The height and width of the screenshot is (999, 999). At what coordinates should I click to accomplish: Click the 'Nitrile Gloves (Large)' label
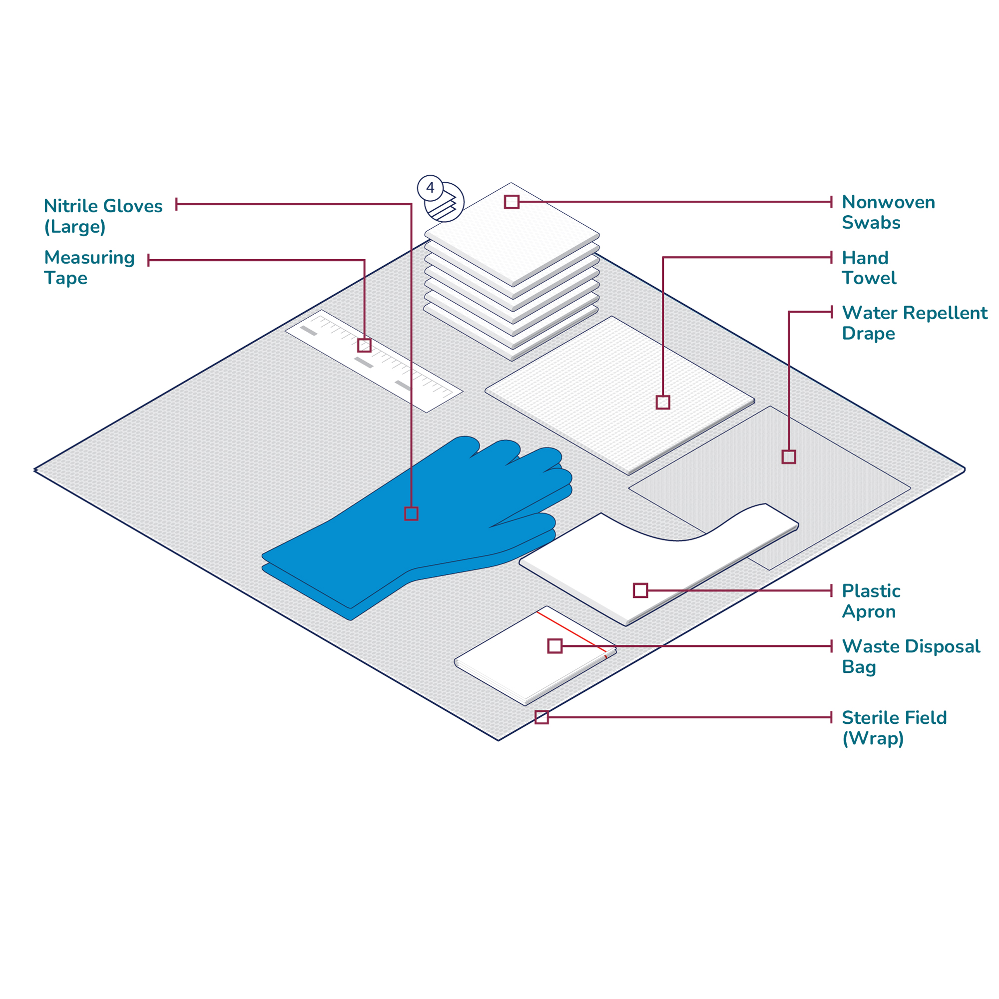tap(103, 216)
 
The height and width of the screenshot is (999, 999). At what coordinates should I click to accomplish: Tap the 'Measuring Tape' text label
tap(89, 267)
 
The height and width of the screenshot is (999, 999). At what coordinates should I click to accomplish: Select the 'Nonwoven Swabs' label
tap(888, 212)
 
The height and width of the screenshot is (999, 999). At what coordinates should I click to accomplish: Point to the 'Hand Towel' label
tap(869, 268)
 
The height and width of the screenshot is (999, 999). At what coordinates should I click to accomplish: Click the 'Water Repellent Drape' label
tap(914, 323)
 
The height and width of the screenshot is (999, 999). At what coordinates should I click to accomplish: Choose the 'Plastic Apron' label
tap(871, 601)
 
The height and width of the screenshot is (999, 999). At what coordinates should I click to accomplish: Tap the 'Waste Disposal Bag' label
tap(911, 656)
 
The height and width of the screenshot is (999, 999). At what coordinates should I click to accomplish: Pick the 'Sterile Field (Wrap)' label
tap(894, 728)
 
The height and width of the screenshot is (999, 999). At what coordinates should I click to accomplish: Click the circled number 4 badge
tap(430, 188)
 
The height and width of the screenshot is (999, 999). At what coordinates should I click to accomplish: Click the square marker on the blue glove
tap(411, 513)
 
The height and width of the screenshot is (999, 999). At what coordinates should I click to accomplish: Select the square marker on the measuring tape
tap(365, 346)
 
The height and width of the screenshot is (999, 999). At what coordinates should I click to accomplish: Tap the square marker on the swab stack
tap(511, 202)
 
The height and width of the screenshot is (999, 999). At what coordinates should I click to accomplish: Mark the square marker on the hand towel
tap(663, 402)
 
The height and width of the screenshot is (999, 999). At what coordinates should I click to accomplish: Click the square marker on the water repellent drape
tap(789, 457)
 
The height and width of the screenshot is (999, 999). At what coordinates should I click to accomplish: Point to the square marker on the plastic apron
tap(640, 590)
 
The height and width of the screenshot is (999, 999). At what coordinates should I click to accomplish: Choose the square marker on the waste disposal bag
tap(555, 646)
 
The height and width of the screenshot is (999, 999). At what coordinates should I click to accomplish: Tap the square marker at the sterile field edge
tap(541, 717)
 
